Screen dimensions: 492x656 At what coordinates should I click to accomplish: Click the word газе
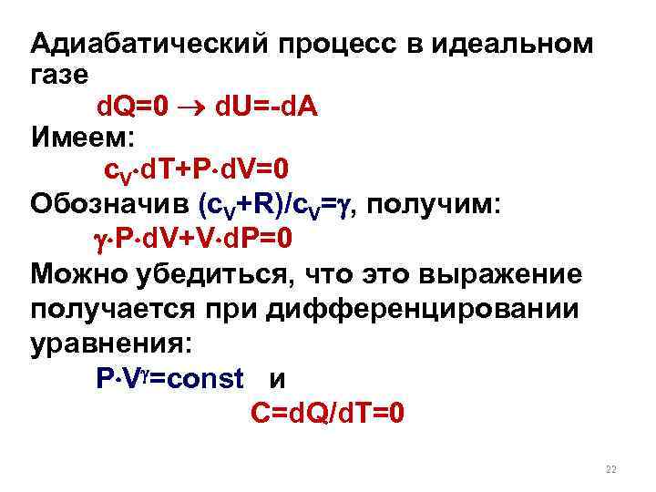59,77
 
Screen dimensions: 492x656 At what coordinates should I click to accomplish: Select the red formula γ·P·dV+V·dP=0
192,239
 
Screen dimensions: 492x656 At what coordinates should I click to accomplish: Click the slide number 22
610,469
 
